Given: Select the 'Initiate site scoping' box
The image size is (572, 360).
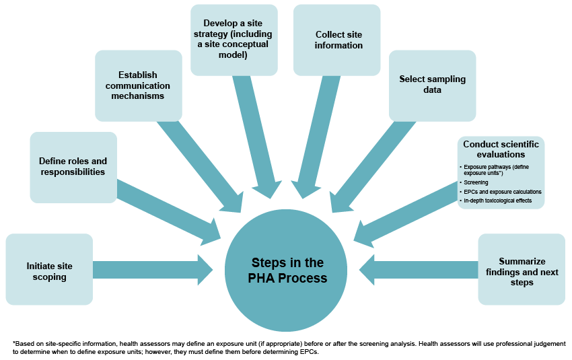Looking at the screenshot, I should (x=49, y=270).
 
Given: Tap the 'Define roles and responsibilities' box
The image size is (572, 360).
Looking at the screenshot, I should (x=73, y=167).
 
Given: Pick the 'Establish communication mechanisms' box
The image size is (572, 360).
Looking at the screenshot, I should (x=139, y=86).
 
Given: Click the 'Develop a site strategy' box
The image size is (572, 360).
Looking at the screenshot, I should (x=234, y=40).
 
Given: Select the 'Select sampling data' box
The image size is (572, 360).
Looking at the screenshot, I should (x=432, y=84).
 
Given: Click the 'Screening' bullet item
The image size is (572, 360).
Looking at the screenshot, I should (x=476, y=182).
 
